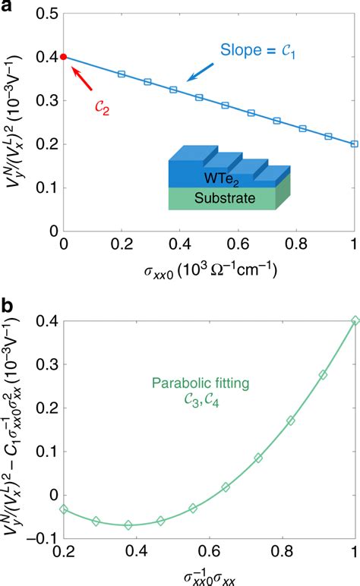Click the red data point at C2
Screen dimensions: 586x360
pyautogui.click(x=64, y=57)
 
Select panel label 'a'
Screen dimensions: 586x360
pyautogui.click(x=7, y=7)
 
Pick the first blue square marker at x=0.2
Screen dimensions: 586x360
pyautogui.click(x=122, y=74)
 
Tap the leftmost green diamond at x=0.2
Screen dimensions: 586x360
pyautogui.click(x=64, y=509)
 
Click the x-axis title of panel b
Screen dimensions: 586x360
pyautogui.click(x=209, y=576)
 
